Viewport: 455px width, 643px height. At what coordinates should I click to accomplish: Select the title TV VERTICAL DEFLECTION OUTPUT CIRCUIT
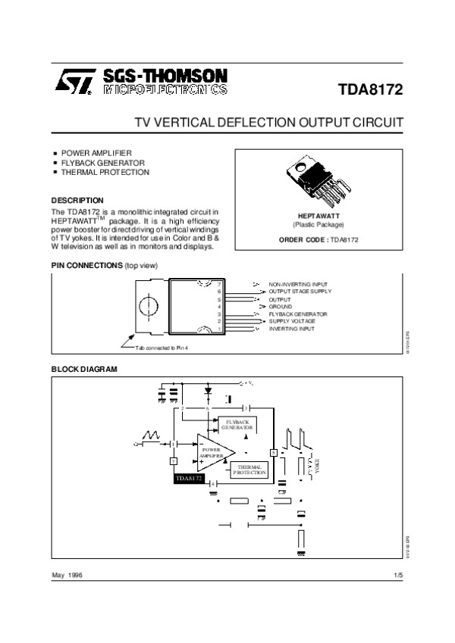point(268,122)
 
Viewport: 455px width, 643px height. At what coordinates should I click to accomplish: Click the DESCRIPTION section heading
point(77,200)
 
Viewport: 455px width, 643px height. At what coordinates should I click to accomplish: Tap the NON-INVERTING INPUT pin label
point(298,283)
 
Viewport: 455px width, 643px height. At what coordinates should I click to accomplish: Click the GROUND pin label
point(281,306)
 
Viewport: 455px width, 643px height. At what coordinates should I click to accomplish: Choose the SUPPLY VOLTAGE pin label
point(292,321)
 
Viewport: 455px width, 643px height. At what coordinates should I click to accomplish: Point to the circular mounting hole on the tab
point(149,306)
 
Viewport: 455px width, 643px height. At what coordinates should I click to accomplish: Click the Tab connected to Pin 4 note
point(161,348)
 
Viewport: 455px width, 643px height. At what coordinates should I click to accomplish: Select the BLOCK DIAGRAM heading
point(84,369)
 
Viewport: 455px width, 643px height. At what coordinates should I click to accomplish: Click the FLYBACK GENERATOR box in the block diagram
point(237,424)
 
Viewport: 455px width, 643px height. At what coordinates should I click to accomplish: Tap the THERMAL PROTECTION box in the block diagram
point(249,470)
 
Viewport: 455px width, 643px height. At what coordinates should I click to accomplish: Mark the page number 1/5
point(397,576)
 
